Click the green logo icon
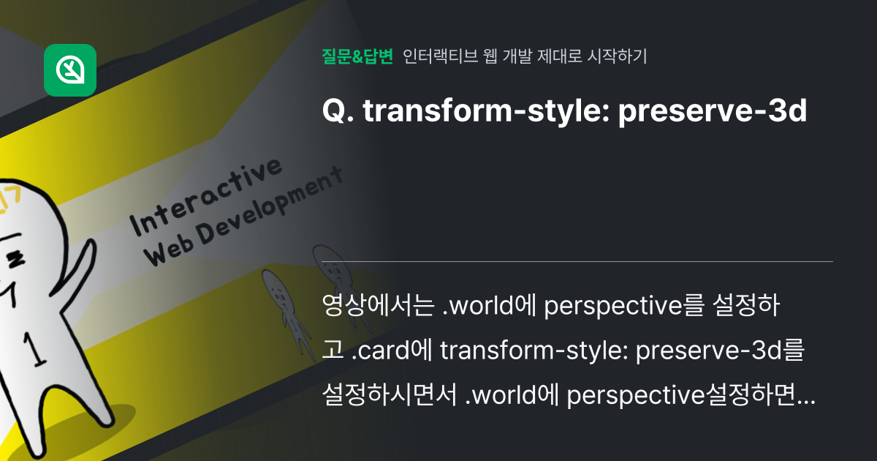point(70,70)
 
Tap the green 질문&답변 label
point(357,56)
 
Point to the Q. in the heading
point(337,112)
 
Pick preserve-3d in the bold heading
point(713,112)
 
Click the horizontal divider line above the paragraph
point(577,261)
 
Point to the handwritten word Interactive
point(207,197)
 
